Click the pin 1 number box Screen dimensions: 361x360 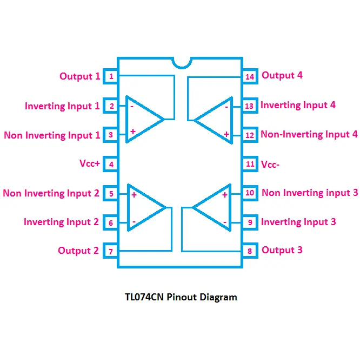coord(111,76)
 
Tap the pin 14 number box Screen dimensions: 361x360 coord(249,76)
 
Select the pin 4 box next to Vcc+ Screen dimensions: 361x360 coord(111,164)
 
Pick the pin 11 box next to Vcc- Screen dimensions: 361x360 coord(249,164)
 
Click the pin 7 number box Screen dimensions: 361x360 coord(111,252)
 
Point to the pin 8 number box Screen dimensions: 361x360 coord(249,251)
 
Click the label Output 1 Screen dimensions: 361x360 coord(79,76)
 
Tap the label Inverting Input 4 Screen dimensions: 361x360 coord(298,105)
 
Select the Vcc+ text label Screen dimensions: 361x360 coord(90,163)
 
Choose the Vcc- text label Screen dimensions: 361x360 coord(270,164)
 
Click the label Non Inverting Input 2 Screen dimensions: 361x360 coord(51,193)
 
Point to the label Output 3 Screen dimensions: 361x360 coord(282,250)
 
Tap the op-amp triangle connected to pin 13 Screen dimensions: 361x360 coord(216,120)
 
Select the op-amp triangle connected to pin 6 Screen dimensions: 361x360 coord(144,208)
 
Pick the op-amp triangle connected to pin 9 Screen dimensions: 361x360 coord(215,208)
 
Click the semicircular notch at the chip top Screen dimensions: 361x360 coord(182,62)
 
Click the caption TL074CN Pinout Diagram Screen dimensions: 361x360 coord(181,297)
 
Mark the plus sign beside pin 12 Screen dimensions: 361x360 coord(226,134)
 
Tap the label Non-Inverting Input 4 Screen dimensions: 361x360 coord(309,134)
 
